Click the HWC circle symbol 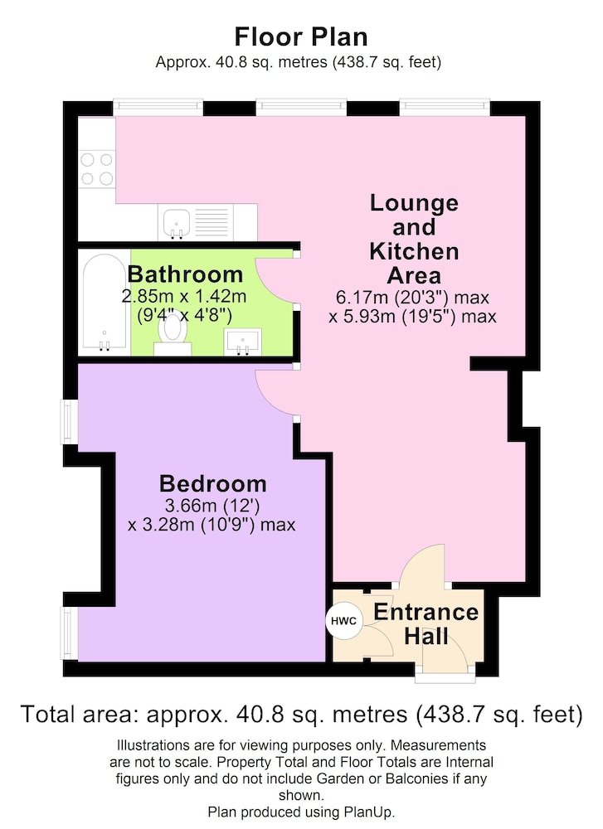click(344, 621)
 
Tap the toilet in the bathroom click(173, 334)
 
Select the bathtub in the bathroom click(105, 302)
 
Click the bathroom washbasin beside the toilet click(243, 342)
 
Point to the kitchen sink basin click(177, 222)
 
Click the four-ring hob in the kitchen click(97, 169)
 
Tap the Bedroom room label click(212, 484)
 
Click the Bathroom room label click(185, 274)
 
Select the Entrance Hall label click(426, 624)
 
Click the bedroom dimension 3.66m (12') click(212, 506)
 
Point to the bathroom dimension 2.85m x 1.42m click(184, 296)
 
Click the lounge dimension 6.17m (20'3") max click(412, 297)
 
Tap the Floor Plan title click(301, 37)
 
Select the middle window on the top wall click(302, 107)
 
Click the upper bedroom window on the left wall click(70, 422)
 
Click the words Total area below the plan click(76, 715)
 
